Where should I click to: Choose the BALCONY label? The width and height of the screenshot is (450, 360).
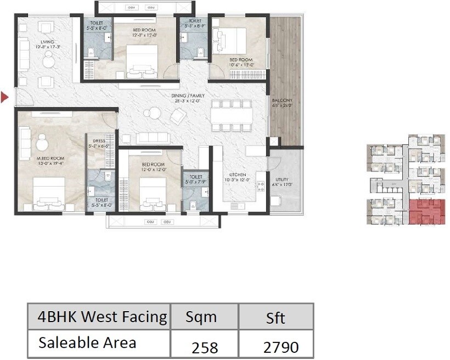click(282, 100)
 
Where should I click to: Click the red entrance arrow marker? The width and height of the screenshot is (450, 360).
click(5, 98)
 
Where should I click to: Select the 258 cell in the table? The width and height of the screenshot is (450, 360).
click(204, 347)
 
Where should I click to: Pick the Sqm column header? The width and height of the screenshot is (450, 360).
click(201, 317)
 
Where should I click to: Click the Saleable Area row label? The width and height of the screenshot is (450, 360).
click(87, 342)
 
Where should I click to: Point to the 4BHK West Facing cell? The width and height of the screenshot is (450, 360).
click(102, 317)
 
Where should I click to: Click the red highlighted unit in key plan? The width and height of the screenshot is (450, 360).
click(426, 212)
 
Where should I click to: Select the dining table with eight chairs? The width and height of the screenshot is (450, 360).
click(230, 115)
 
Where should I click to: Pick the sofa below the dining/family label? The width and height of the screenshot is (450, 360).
click(153, 137)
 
